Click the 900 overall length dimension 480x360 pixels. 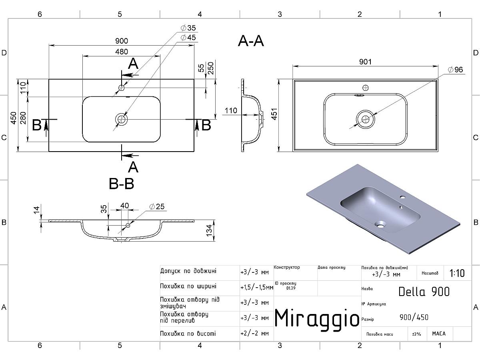coord(121,41)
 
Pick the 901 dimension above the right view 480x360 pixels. coord(365,62)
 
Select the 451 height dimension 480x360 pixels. coord(274,115)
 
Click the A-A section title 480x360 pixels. coord(251,41)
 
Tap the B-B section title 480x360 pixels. coord(121,184)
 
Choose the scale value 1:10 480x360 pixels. coord(457,274)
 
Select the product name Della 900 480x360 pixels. coord(424,292)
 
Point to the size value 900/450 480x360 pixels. coord(414,318)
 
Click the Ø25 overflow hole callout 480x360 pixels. coord(157,207)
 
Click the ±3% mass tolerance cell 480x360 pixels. coord(417,334)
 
